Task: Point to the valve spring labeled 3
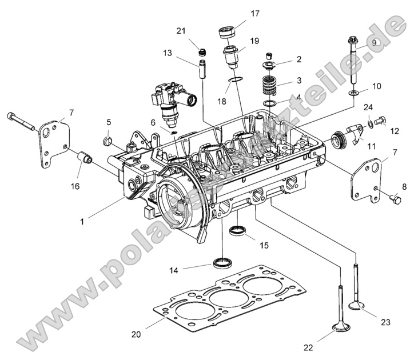269,86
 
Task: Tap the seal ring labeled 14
222,262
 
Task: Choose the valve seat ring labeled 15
238,230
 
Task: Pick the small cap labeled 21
201,53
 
